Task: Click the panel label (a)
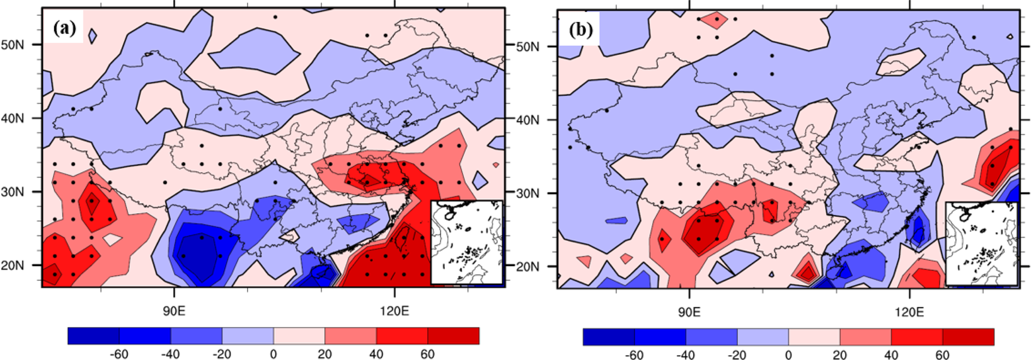tap(65, 28)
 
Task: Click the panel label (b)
tap(580, 30)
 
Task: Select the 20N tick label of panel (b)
tap(528, 266)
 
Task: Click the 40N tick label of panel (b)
tap(528, 119)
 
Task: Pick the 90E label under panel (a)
tap(174, 311)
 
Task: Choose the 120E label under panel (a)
tap(395, 311)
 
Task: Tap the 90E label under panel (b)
tap(689, 312)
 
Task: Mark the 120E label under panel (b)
tap(909, 312)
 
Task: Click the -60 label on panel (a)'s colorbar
tap(119, 354)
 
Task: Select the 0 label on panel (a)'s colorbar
tap(274, 354)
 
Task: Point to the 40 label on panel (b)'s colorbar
tap(891, 356)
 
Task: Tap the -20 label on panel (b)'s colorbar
tap(737, 356)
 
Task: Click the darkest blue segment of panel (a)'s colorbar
tap(93, 336)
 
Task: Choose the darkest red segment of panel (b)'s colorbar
tap(968, 337)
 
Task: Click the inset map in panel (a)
tap(466, 243)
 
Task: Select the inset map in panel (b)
tap(981, 244)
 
